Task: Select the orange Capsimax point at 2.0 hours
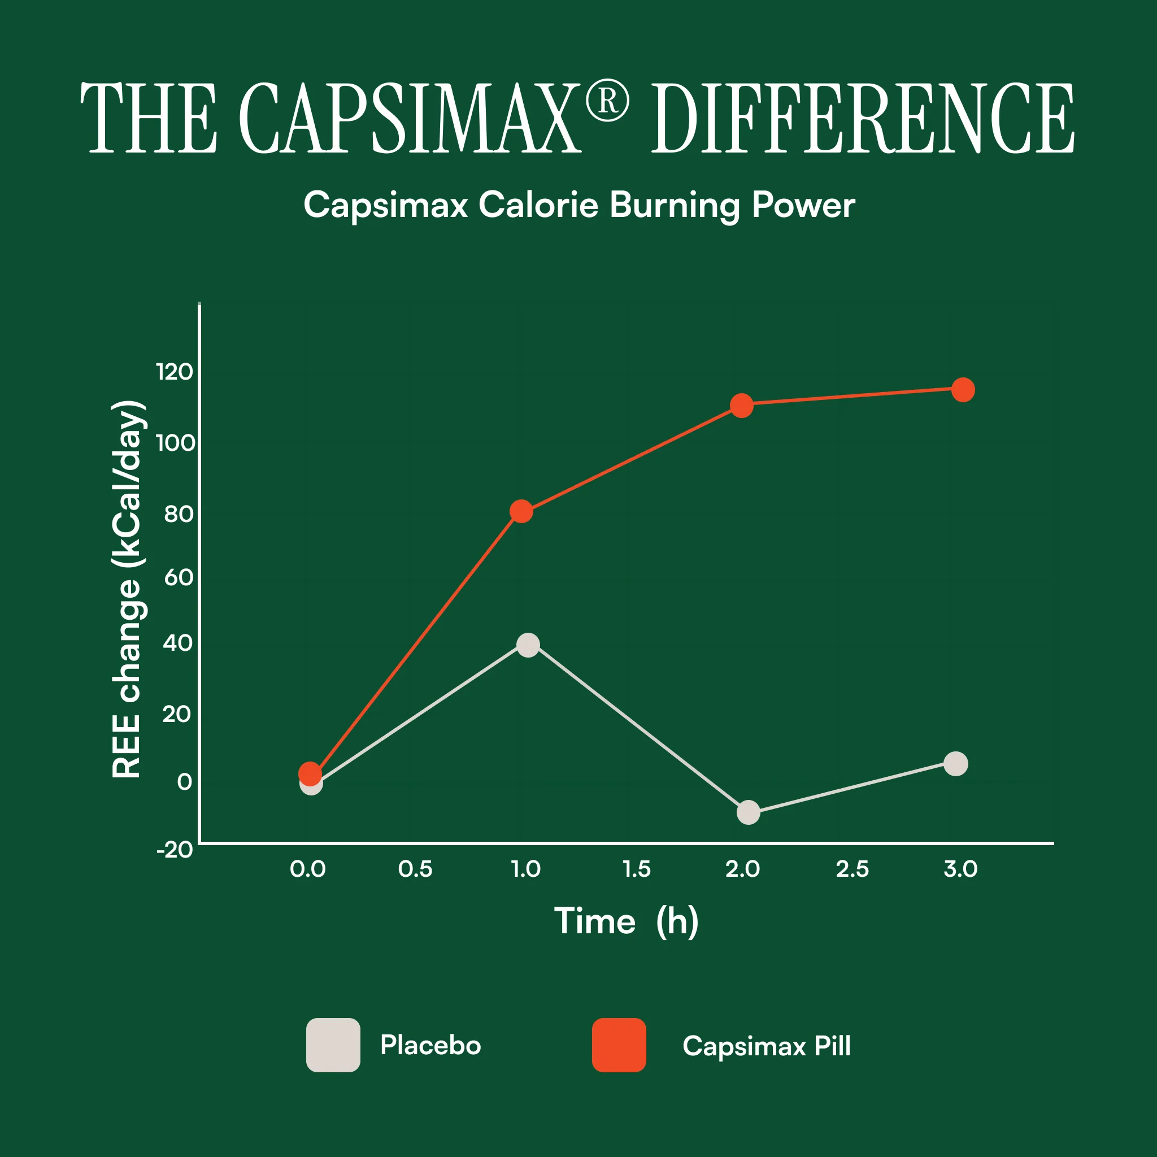pyautogui.click(x=741, y=406)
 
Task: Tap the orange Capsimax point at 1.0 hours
pyautogui.click(x=521, y=511)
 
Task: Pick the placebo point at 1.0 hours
pyautogui.click(x=528, y=645)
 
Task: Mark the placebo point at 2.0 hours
pyautogui.click(x=748, y=812)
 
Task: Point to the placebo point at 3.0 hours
pyautogui.click(x=956, y=764)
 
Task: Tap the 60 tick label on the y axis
pyautogui.click(x=179, y=577)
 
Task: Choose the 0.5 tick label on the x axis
pyautogui.click(x=416, y=869)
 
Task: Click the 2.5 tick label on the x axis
pyautogui.click(x=852, y=869)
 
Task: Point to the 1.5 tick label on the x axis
pyautogui.click(x=637, y=869)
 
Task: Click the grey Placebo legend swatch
pyautogui.click(x=333, y=1045)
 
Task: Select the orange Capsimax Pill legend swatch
pyautogui.click(x=619, y=1045)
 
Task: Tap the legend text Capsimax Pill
pyautogui.click(x=767, y=1046)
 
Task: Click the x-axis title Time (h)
pyautogui.click(x=627, y=921)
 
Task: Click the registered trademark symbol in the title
pyautogui.click(x=607, y=102)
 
